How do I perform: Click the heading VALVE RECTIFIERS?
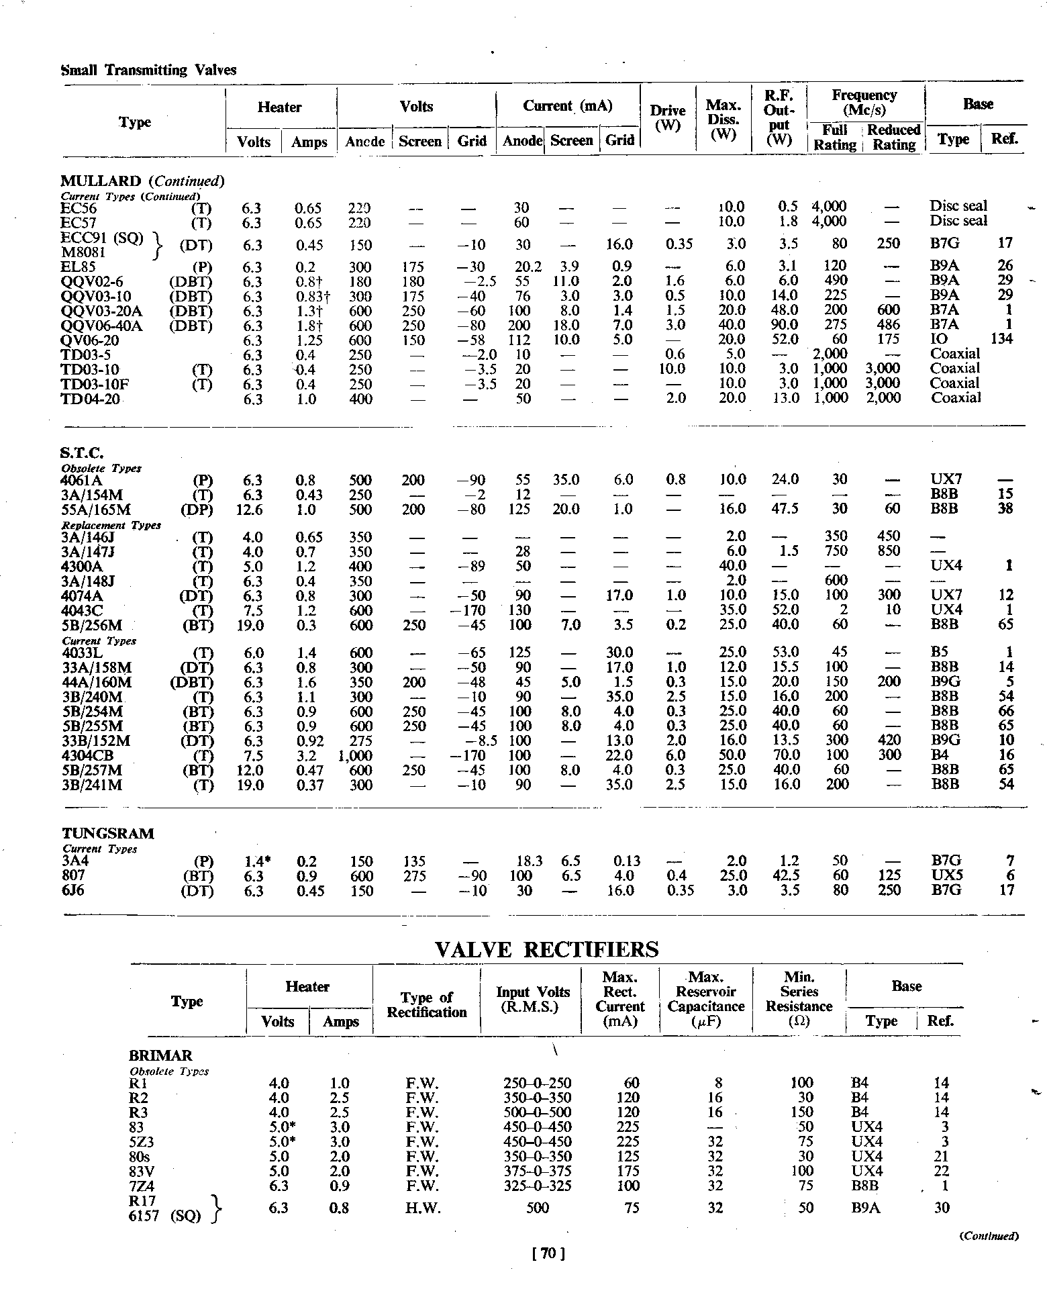[546, 949]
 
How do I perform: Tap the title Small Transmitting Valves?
[148, 70]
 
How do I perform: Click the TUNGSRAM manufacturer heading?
[108, 833]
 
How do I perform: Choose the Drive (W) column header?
[668, 118]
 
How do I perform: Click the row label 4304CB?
[92, 755]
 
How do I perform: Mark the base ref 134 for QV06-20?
[1001, 339]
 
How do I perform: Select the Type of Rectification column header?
[426, 1004]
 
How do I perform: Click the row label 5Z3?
[140, 1141]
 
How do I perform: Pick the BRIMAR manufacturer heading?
[160, 1055]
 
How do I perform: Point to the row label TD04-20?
[91, 398]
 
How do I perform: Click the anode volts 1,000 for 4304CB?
[356, 755]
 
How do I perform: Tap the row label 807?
[73, 875]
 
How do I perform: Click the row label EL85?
[78, 266]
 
